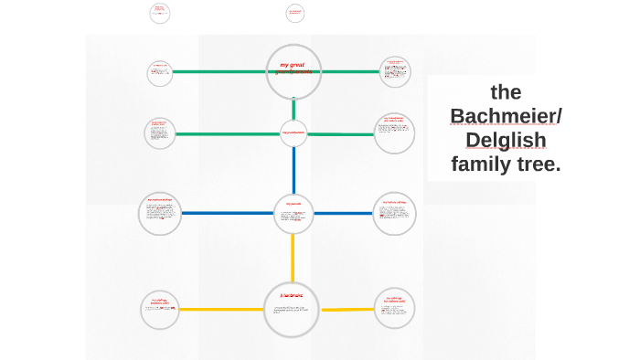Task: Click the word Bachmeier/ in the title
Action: pos(507,116)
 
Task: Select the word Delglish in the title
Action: pos(506,140)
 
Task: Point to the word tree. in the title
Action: pos(539,164)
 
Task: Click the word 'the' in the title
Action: pos(506,91)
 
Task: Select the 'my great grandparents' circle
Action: pos(293,70)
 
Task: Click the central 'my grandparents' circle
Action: pos(293,132)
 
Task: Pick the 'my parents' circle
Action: pos(293,214)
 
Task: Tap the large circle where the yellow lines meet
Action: pos(293,309)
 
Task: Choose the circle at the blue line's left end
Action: pos(160,214)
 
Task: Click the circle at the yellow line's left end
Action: pos(160,310)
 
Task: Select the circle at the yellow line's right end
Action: pos(394,309)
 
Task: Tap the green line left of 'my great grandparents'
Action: pos(219,71)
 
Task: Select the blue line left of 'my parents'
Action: pos(229,214)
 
